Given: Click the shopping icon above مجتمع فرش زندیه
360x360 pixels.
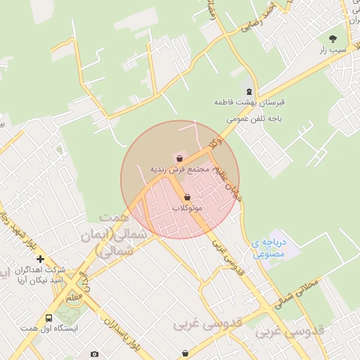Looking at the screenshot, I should point(180,159).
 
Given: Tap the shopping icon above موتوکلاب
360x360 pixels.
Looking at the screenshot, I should point(187,198).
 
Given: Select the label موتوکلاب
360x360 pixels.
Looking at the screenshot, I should point(187,209).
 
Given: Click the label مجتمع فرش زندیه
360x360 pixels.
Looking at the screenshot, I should point(180,170).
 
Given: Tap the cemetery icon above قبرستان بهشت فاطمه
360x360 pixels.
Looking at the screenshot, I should point(247,91).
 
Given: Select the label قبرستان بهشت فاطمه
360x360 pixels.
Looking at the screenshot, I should point(247,103).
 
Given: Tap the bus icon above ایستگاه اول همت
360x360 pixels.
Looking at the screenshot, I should point(49,318).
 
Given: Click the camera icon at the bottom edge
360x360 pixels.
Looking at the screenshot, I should point(95,354).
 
